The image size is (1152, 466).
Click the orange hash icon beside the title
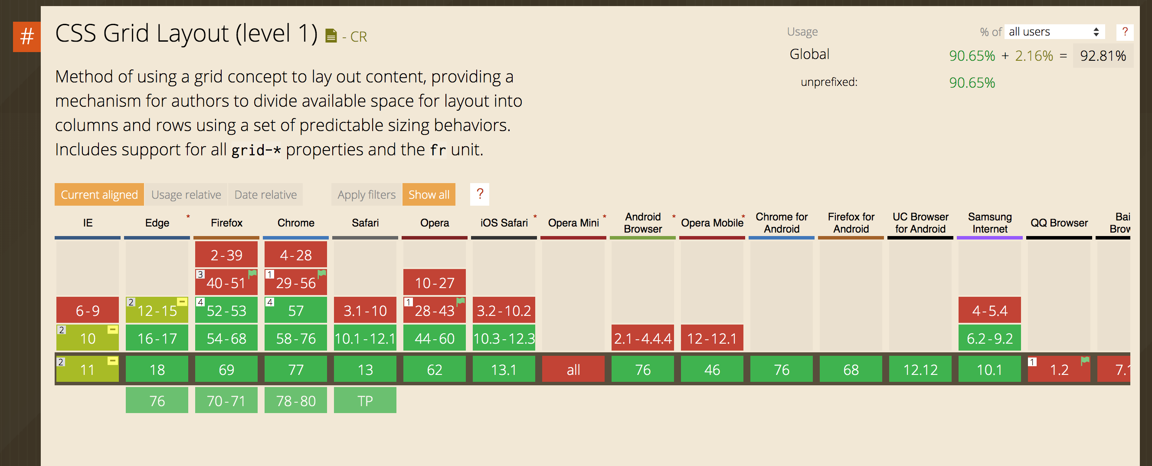tap(27, 37)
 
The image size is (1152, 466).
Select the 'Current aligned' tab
tap(99, 194)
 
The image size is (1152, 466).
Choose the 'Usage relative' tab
tap(186, 194)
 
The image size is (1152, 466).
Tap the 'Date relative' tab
tap(265, 194)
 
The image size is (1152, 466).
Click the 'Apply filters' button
tap(367, 194)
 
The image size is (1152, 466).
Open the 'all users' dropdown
tap(1054, 32)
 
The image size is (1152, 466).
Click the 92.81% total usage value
tap(1103, 56)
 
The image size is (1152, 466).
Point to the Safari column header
tap(365, 223)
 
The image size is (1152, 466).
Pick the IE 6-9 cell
tap(88, 310)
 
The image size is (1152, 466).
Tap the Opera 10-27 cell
tap(435, 282)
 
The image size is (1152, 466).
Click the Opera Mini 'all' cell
tap(573, 369)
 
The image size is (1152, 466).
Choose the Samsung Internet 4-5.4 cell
tap(990, 310)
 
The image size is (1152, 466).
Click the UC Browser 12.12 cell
tap(920, 369)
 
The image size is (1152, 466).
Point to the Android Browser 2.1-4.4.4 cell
tap(643, 338)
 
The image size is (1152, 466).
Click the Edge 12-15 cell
tap(157, 310)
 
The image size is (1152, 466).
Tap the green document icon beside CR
tap(331, 35)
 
